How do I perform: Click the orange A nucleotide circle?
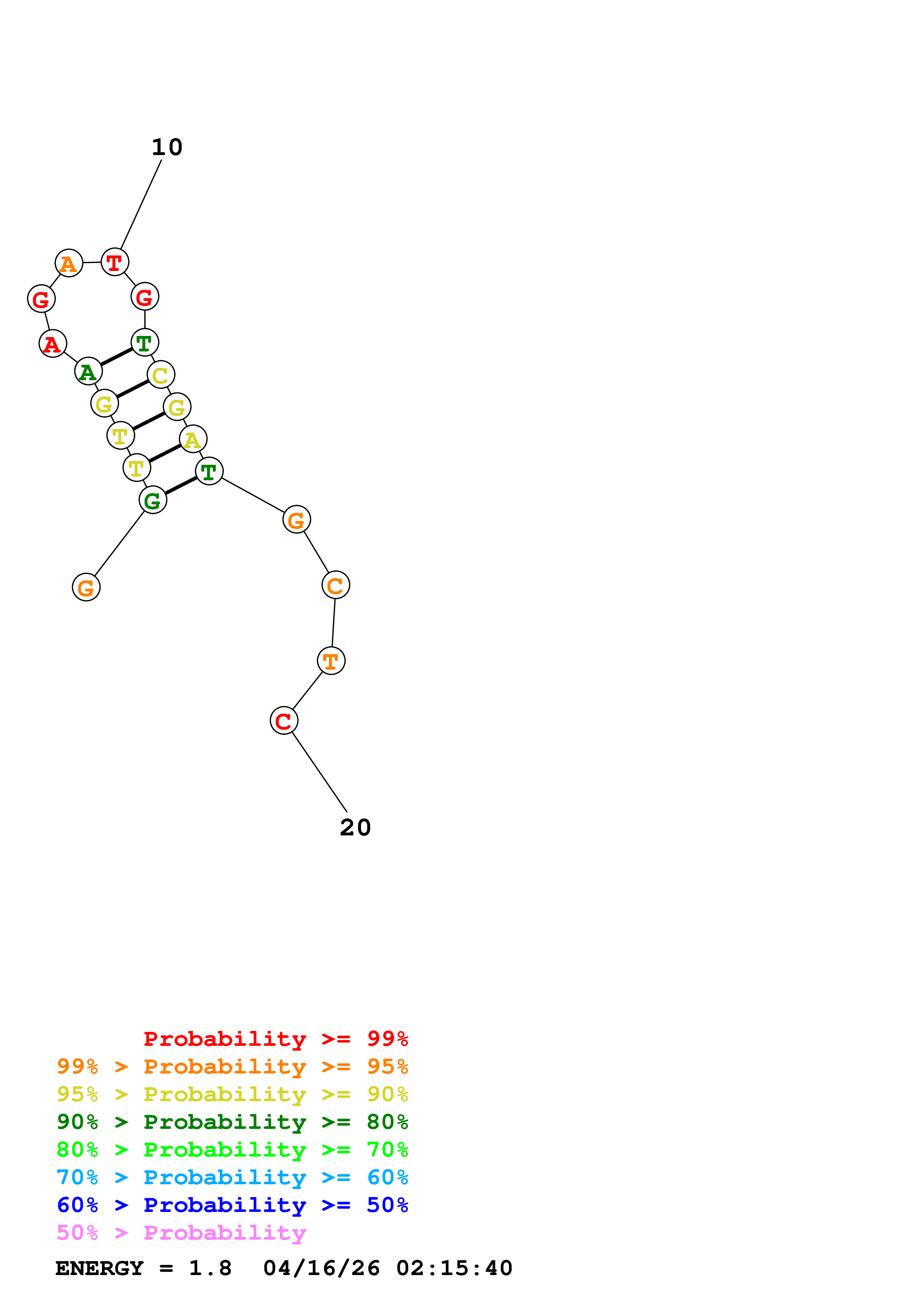(69, 264)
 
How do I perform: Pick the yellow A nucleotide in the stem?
(193, 439)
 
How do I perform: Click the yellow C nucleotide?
(161, 375)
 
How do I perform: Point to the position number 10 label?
(167, 147)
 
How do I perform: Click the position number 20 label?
(355, 827)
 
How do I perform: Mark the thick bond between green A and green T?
(117, 357)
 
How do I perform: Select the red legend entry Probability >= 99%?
(275, 1039)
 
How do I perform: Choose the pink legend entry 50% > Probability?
(181, 1233)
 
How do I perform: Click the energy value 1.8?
(210, 1268)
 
